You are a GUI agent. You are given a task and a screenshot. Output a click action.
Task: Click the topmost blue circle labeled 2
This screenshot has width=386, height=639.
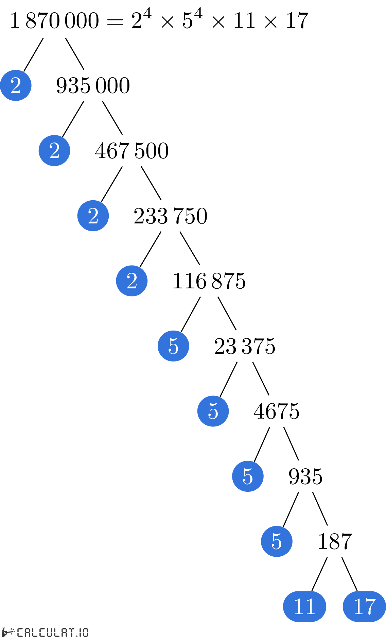click(x=16, y=85)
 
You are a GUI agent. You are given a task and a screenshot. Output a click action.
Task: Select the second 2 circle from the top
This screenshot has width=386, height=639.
click(x=54, y=151)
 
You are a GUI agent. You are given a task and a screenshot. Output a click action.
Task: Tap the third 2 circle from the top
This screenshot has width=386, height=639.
click(x=93, y=216)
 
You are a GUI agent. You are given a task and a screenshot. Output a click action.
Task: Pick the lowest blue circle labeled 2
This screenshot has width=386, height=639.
click(x=132, y=281)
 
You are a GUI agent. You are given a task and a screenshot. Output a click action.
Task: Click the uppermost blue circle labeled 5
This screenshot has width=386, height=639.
click(x=173, y=346)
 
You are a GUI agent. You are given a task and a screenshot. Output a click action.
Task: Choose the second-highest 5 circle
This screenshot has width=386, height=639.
click(x=213, y=411)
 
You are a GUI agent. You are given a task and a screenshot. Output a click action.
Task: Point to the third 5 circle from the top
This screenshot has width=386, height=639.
click(x=248, y=476)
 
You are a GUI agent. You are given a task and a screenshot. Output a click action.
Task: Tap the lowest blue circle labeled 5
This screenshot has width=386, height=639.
click(x=277, y=541)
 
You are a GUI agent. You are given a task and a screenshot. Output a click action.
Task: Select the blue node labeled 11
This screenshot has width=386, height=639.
click(x=304, y=606)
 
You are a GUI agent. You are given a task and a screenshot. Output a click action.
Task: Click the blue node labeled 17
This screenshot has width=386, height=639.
click(x=364, y=606)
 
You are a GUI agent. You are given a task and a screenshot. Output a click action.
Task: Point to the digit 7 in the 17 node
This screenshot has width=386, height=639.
click(x=370, y=607)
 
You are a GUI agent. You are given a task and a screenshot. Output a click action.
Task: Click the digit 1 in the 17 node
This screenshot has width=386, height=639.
click(x=358, y=606)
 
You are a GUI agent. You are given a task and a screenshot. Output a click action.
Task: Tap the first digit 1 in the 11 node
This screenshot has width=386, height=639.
click(x=299, y=606)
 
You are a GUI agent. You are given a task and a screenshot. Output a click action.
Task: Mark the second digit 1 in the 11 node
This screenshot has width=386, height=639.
click(x=310, y=606)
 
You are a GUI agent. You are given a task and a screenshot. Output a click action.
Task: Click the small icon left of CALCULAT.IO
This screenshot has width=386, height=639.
click(x=7, y=632)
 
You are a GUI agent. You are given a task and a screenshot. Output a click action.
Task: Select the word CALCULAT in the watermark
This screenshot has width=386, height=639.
click(x=46, y=633)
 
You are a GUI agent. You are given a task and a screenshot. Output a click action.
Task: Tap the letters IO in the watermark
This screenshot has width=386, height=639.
click(x=84, y=633)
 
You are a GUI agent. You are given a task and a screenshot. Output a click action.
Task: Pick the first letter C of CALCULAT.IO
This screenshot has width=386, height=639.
click(x=20, y=633)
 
